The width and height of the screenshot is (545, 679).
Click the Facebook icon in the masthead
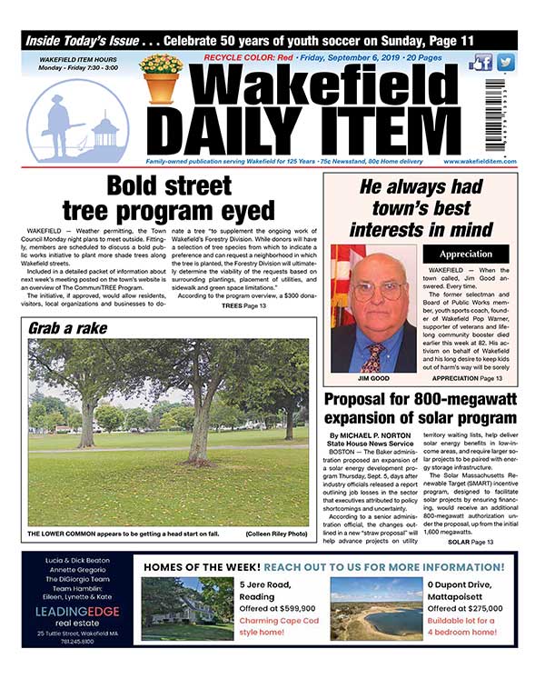[481, 63]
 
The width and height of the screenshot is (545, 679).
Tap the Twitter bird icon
[505, 63]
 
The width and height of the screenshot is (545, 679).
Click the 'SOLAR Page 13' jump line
[470, 542]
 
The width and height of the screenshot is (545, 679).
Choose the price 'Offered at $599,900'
[278, 608]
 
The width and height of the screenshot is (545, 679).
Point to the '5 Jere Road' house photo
[186, 608]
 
